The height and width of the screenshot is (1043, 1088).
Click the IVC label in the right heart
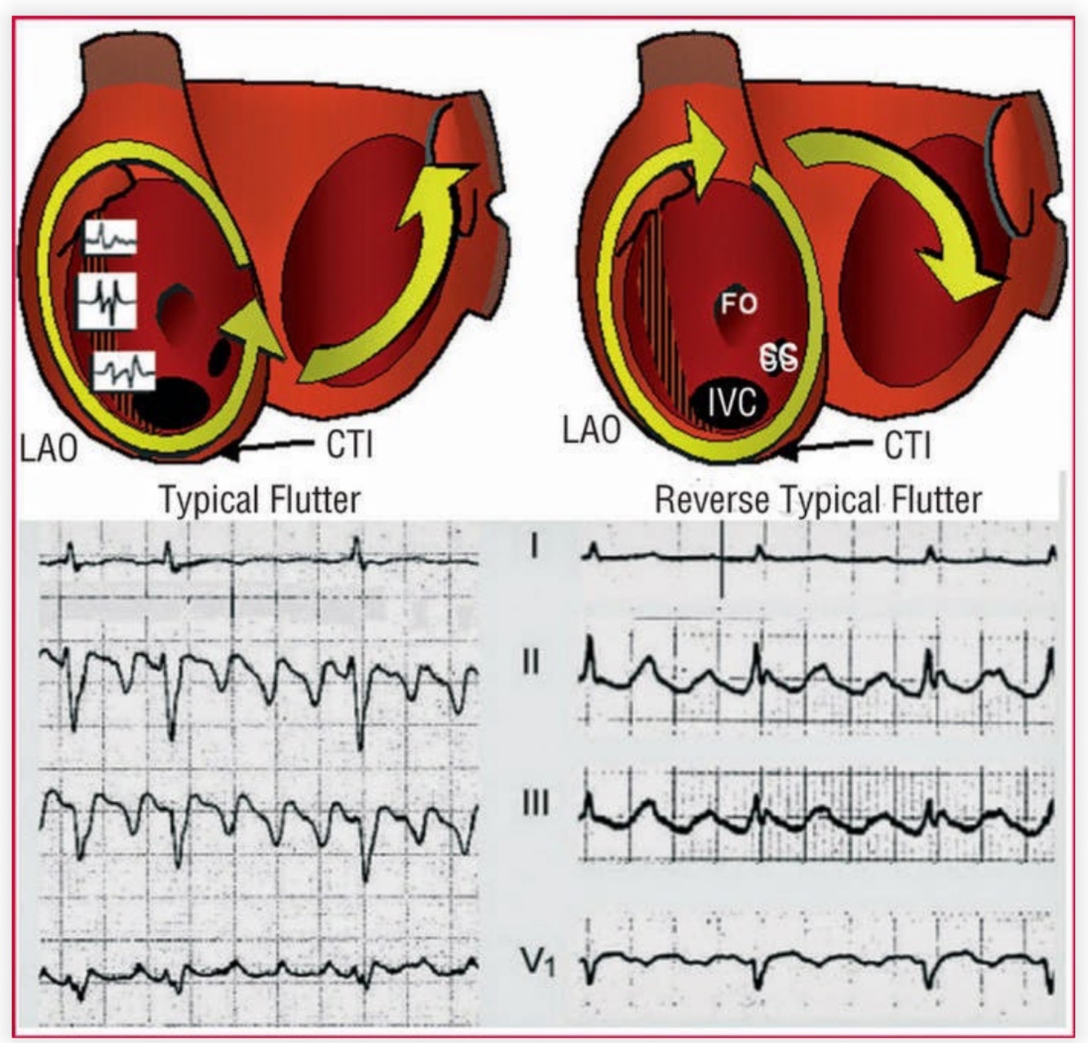[731, 402]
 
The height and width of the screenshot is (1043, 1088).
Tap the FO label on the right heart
[738, 304]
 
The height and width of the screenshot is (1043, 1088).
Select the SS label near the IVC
[779, 357]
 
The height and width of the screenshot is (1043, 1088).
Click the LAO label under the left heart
[49, 448]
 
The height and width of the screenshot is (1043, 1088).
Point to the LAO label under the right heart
[591, 430]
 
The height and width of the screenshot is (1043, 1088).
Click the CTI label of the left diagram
[349, 445]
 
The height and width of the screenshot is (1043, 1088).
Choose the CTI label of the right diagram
[907, 445]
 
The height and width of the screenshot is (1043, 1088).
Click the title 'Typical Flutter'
[259, 499]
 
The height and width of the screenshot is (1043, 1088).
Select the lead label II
[531, 661]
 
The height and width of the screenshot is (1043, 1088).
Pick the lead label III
[534, 803]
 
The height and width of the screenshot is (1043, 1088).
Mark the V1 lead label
[538, 962]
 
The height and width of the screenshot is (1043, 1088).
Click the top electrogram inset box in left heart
[110, 237]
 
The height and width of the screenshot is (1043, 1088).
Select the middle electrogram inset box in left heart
[107, 300]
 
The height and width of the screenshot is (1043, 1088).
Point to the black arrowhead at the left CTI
[231, 449]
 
